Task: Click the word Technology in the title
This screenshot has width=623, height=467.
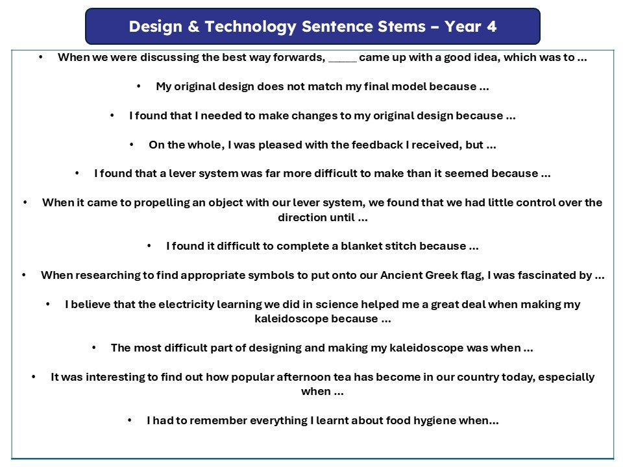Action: [250, 27]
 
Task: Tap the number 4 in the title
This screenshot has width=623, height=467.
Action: [491, 27]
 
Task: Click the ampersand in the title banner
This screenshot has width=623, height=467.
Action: [193, 27]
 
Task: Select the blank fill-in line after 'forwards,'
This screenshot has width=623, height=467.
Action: [343, 61]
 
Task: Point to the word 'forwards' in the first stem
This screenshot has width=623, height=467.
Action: [298, 57]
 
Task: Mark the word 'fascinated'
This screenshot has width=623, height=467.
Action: [554, 275]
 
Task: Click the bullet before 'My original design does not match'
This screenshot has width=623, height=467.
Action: [139, 86]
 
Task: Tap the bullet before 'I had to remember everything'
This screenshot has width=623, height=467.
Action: [130, 420]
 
